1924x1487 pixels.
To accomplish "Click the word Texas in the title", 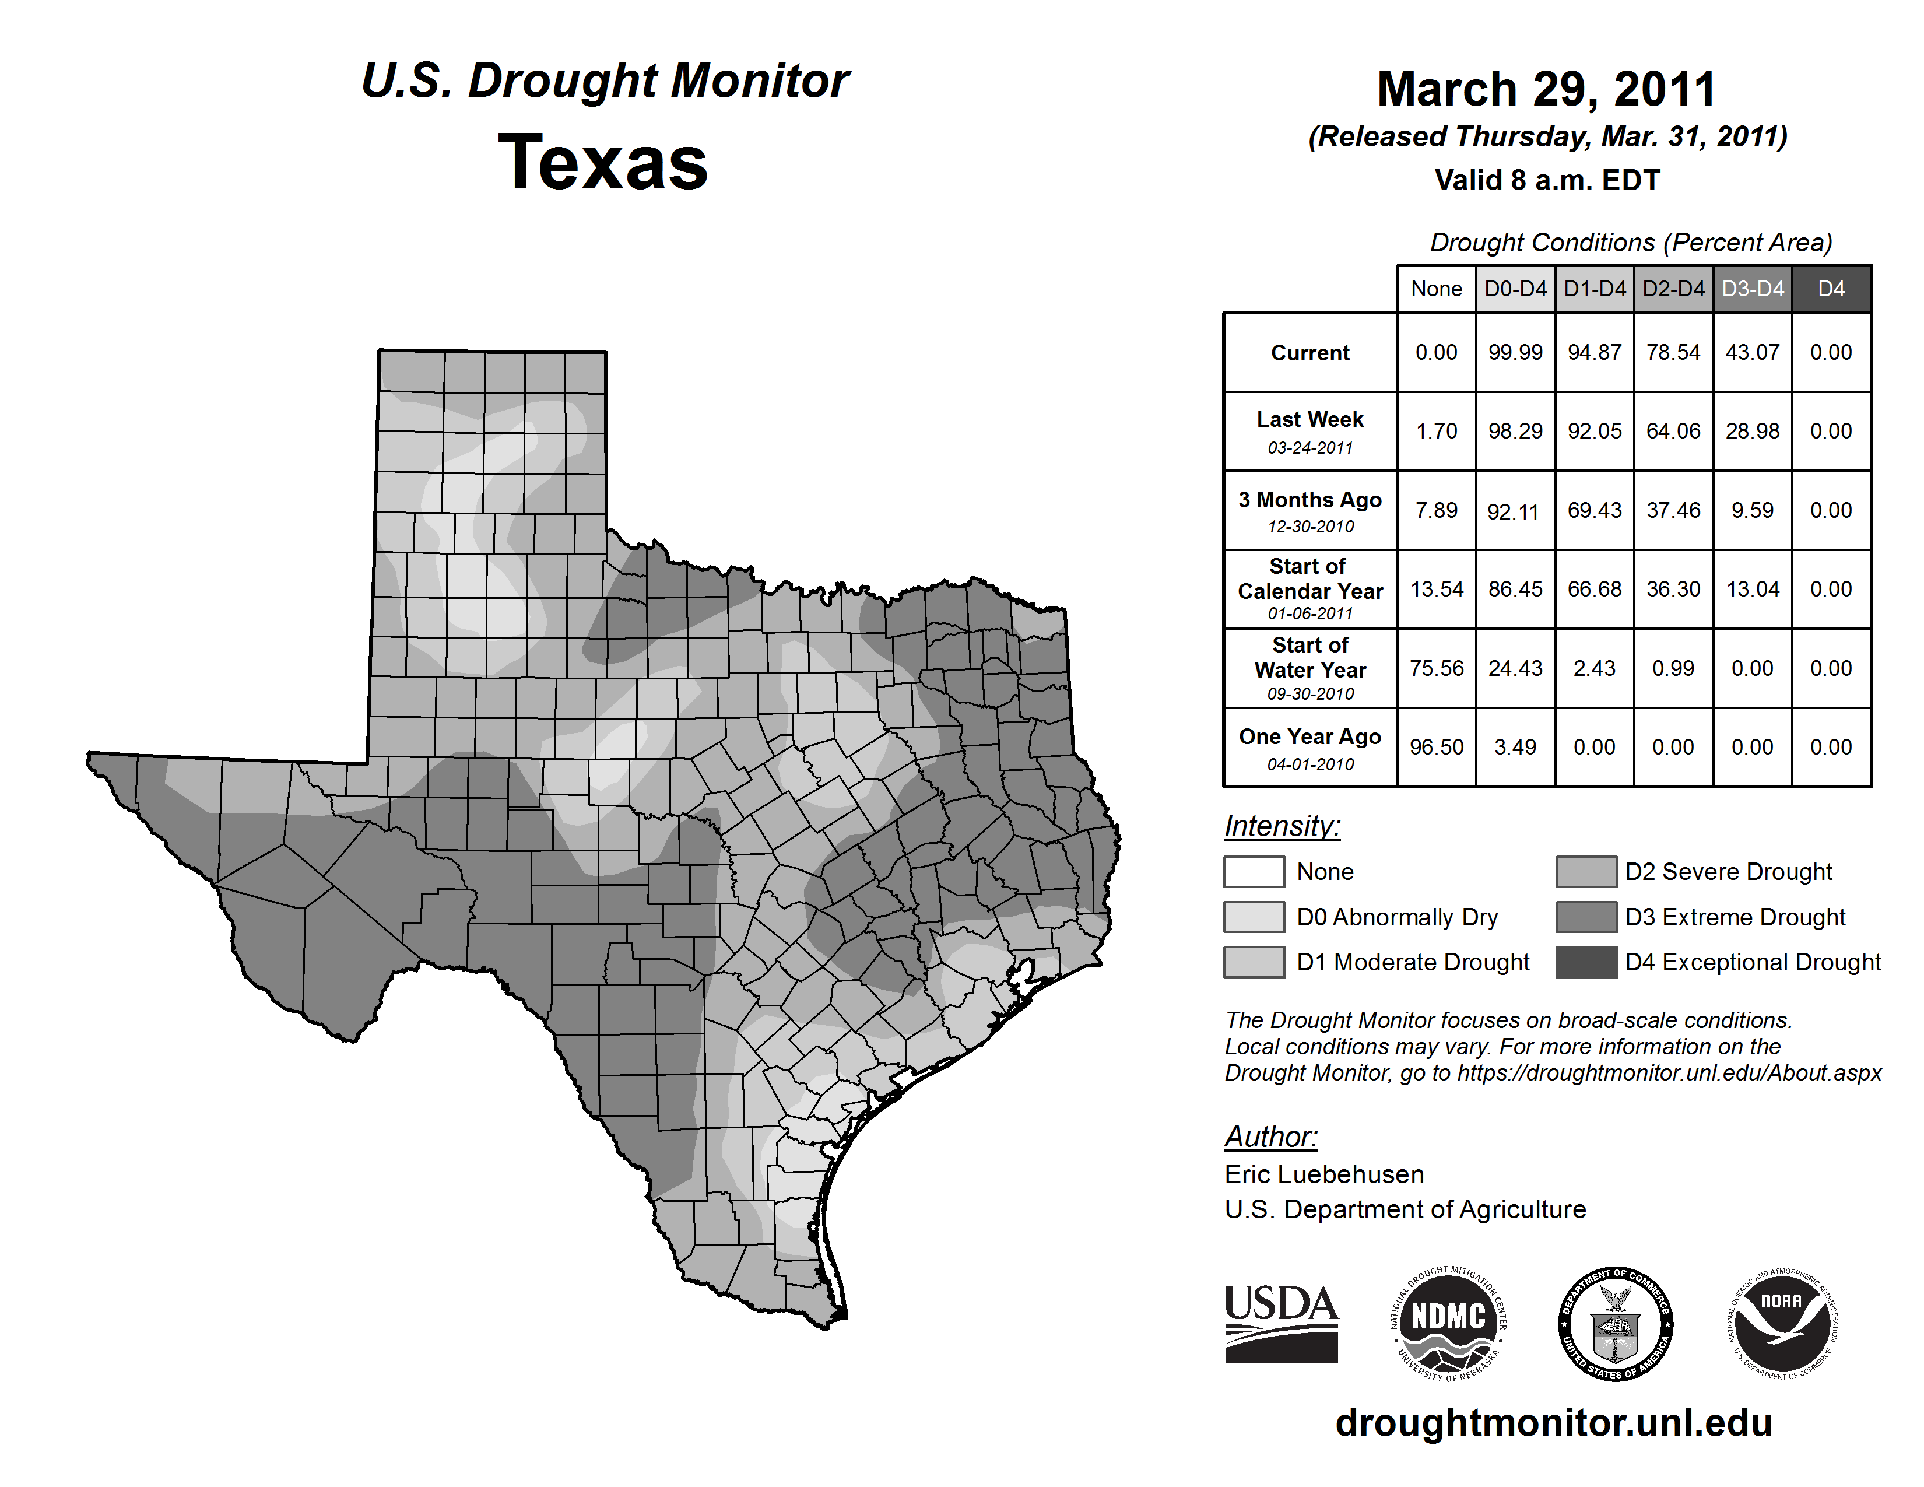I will click(603, 163).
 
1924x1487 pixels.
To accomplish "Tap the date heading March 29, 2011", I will click(1546, 89).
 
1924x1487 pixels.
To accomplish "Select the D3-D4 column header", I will click(1752, 289).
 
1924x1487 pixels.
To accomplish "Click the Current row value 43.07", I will click(1752, 352).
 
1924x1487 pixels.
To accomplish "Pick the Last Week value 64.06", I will click(1673, 431).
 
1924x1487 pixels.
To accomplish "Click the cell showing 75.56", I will click(1436, 668).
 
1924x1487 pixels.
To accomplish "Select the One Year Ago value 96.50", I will click(1436, 747).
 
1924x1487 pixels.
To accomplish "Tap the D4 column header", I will click(1831, 289).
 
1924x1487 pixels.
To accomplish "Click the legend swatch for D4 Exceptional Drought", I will click(1586, 962).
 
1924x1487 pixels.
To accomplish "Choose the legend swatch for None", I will click(1254, 871).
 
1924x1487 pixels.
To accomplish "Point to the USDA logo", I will click(1281, 1323).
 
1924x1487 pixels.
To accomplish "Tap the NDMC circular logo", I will click(1448, 1323).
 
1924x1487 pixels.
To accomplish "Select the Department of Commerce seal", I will click(1616, 1323).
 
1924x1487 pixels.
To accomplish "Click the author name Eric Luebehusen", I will click(1324, 1174).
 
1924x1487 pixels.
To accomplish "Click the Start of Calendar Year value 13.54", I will click(1436, 588).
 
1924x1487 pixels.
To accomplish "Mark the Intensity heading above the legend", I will click(1282, 826).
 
